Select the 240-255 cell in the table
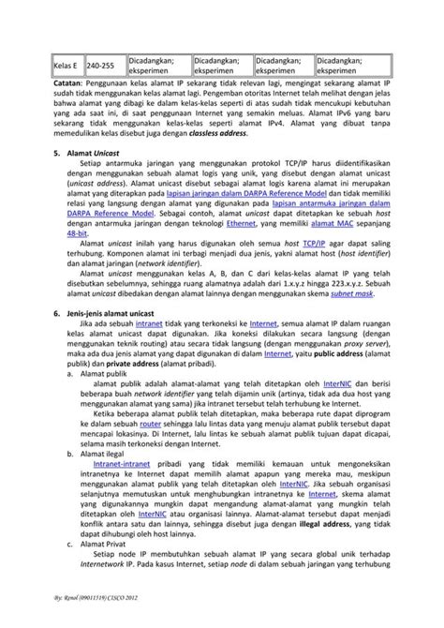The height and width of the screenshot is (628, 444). (100, 67)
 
